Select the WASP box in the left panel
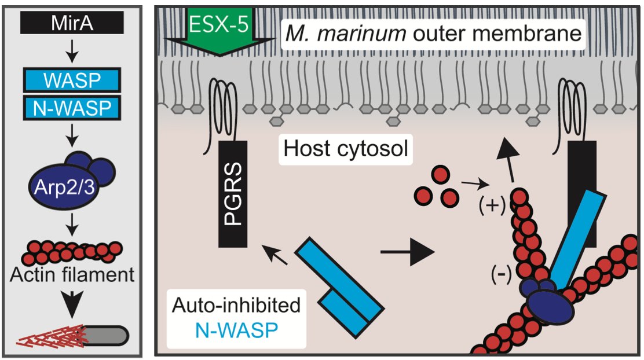pyautogui.click(x=72, y=79)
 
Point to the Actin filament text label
pyautogui.click(x=72, y=274)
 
